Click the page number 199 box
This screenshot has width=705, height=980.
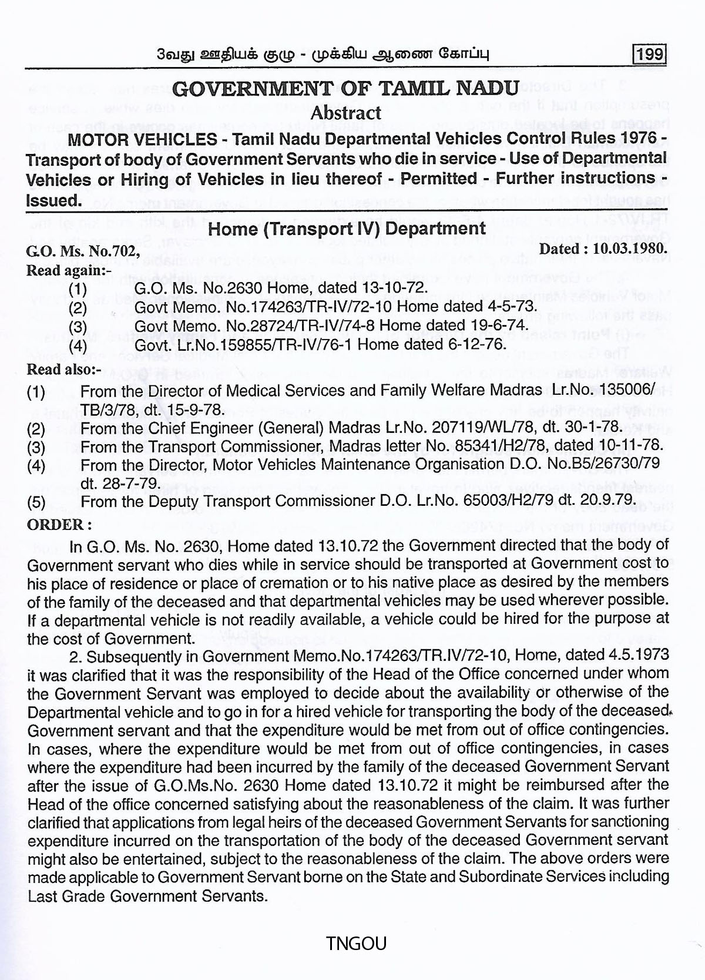[650, 55]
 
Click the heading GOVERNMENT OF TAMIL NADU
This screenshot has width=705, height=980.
[347, 88]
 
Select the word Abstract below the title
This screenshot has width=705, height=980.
[346, 112]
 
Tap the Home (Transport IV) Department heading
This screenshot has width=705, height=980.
[347, 228]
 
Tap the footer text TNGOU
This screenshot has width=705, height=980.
[357, 944]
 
